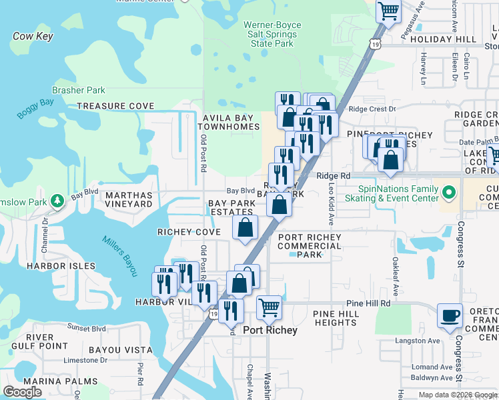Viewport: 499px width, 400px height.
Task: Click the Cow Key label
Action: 32,37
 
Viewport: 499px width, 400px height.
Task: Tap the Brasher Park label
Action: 79,90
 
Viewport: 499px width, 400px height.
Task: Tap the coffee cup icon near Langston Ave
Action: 450,315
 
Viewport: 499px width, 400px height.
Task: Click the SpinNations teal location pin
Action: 448,193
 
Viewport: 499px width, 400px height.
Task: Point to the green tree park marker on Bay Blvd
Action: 58,199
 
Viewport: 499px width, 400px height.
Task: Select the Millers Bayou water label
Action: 119,256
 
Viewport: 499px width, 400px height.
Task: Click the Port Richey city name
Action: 270,330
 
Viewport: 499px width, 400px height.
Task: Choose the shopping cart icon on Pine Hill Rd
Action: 269,307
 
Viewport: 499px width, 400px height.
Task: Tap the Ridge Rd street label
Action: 334,175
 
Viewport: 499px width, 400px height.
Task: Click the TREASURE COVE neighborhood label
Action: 115,106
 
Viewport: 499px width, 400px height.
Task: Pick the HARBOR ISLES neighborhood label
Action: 56,266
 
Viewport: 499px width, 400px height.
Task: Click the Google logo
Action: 22,393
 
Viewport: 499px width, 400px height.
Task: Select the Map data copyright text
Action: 458,395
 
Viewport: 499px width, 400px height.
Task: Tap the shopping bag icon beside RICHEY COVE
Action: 245,227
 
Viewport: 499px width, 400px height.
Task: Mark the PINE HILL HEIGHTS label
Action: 336,317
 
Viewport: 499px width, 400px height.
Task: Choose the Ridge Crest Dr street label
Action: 372,109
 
